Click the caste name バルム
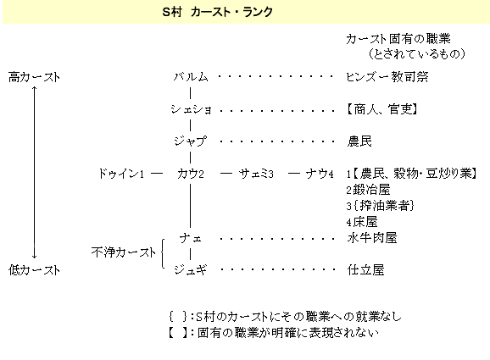pyautogui.click(x=191, y=77)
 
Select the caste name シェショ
pyautogui.click(x=191, y=109)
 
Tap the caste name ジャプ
pyautogui.click(x=190, y=141)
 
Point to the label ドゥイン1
pyautogui.click(x=121, y=174)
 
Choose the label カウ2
pyautogui.click(x=191, y=174)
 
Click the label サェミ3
pyautogui.click(x=256, y=174)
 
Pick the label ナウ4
pyautogui.click(x=320, y=174)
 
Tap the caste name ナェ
pyautogui.click(x=190, y=239)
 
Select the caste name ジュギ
pyautogui.click(x=190, y=269)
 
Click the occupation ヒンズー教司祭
pyautogui.click(x=387, y=77)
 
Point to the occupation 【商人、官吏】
pyautogui.click(x=381, y=109)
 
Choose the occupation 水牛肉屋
pyautogui.click(x=372, y=238)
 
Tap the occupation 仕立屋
pyautogui.click(x=365, y=269)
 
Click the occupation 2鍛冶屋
pyautogui.click(x=368, y=190)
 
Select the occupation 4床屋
pyautogui.click(x=362, y=222)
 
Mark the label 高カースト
pyautogui.click(x=34, y=77)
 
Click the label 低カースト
pyautogui.click(x=34, y=269)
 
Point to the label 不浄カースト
pyautogui.click(x=124, y=252)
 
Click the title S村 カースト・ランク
pyautogui.click(x=218, y=12)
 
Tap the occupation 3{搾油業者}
pyautogui.click(x=381, y=206)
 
